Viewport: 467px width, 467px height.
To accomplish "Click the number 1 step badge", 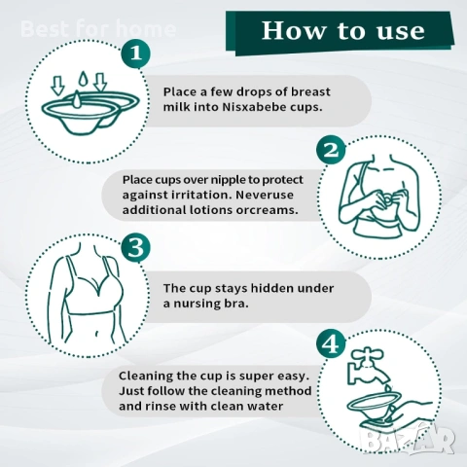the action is (x=136, y=54).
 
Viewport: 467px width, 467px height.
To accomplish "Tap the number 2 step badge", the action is (x=331, y=151).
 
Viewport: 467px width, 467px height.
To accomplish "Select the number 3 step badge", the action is (x=136, y=248).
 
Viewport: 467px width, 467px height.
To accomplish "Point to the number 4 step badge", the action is (x=331, y=345).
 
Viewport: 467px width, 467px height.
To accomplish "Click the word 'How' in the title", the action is (x=294, y=31).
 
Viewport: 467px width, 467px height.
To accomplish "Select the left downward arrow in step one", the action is (x=57, y=86).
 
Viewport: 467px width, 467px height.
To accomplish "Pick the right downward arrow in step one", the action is (x=100, y=82).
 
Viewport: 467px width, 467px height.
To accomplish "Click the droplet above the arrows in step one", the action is (x=84, y=79).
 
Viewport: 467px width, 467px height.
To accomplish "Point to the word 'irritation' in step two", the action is (x=201, y=195).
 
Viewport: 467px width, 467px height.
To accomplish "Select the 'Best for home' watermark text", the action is (x=98, y=28).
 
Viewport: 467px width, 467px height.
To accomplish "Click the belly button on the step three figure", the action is (x=96, y=334).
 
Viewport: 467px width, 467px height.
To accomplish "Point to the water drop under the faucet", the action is (x=387, y=387).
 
